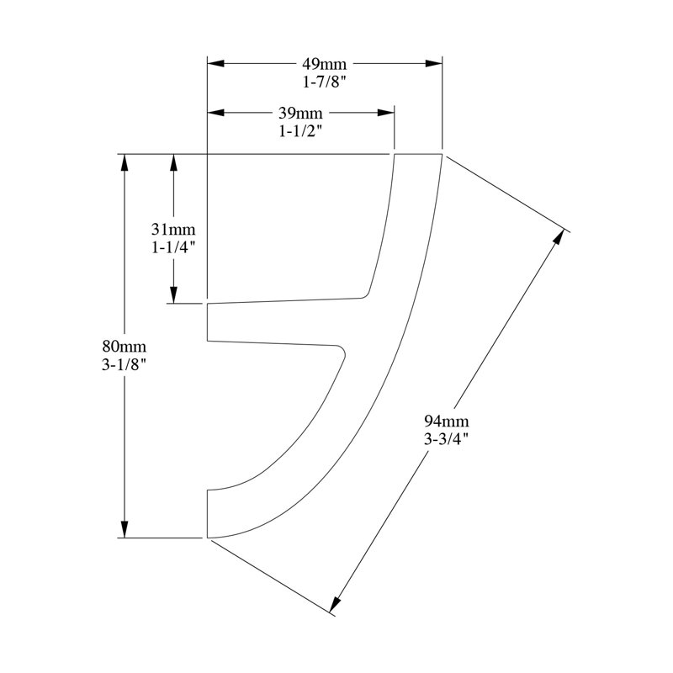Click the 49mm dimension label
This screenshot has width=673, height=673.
(324, 64)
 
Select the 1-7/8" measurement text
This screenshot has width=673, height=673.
(324, 82)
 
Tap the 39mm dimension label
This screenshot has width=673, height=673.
(300, 113)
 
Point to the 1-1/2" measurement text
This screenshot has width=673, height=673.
(300, 131)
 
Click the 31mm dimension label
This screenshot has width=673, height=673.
(173, 230)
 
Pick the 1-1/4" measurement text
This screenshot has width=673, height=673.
(173, 247)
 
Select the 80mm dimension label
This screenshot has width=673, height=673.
(125, 346)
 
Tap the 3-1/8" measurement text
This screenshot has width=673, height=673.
(125, 364)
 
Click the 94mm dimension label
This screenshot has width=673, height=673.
(447, 421)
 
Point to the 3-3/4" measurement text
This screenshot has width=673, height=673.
(447, 439)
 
